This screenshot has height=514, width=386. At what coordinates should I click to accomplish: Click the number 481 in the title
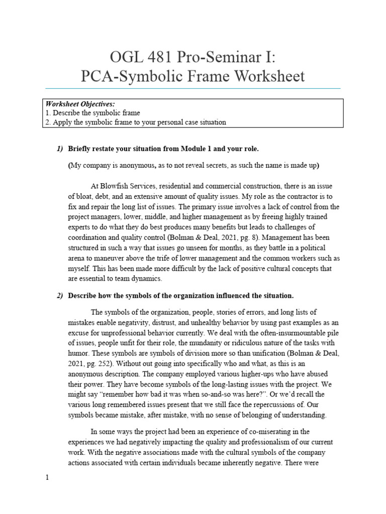pos(151,57)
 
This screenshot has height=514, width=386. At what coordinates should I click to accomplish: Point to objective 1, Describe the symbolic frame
pos(92,113)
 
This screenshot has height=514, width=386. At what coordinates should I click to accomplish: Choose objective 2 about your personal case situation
pos(136,122)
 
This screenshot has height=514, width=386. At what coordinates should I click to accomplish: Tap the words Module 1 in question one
pos(199,149)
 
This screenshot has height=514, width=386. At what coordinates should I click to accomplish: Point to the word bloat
pos(86,196)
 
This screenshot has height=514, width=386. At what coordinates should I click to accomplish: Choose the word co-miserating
pos(276,431)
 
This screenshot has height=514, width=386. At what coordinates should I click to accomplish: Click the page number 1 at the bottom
pos(47,478)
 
